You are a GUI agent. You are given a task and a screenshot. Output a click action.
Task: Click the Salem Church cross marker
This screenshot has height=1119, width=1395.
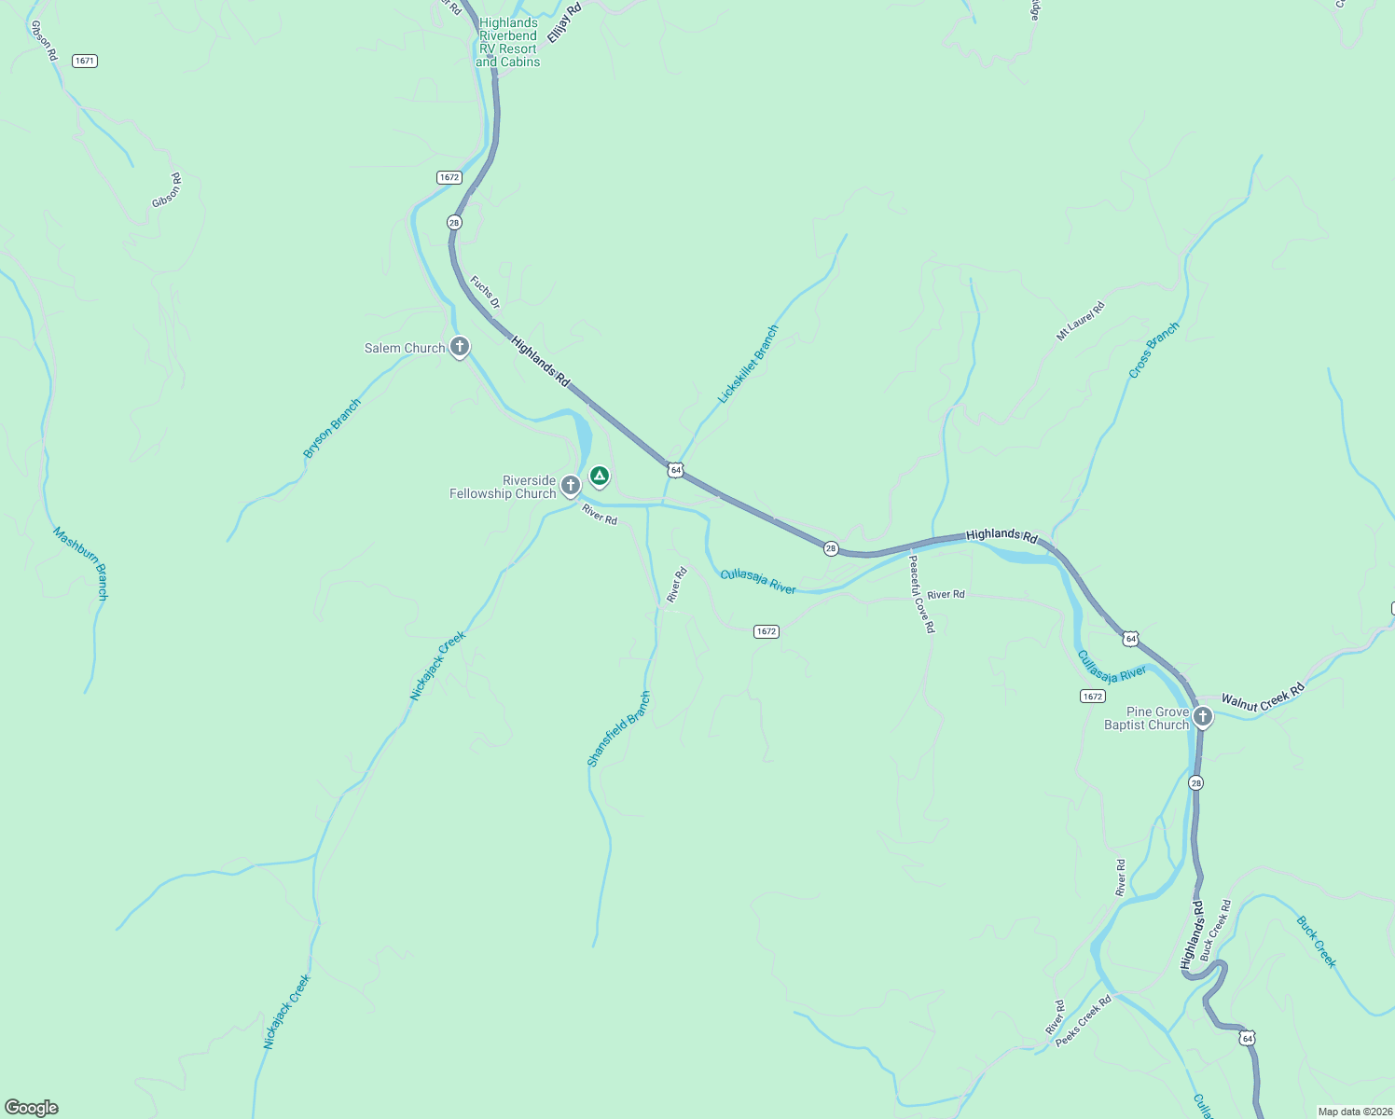tap(459, 347)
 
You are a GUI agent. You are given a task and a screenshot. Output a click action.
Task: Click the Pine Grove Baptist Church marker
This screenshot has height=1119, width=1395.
tap(1203, 716)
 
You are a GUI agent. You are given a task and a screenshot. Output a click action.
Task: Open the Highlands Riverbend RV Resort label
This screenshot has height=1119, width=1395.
tap(508, 43)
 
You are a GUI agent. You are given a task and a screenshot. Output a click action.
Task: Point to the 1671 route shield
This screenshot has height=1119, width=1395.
tap(85, 61)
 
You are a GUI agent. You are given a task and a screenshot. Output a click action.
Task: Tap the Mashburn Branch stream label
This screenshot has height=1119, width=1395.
tap(80, 563)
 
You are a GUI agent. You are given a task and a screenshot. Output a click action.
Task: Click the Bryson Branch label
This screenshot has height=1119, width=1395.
tap(332, 429)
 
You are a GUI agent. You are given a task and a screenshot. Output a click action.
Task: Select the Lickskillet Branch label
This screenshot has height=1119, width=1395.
tap(748, 365)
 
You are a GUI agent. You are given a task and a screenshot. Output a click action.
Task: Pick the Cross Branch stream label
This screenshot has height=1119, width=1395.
tap(1153, 351)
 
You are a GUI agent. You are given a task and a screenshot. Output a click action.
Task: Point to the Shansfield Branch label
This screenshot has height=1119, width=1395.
tap(618, 729)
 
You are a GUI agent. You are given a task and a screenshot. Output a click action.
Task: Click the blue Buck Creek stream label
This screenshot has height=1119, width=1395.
tap(1316, 942)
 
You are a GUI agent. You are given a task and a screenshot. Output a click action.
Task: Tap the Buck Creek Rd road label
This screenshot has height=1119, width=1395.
tap(1216, 930)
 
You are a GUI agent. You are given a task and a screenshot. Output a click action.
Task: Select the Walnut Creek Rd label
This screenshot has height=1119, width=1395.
tap(1263, 698)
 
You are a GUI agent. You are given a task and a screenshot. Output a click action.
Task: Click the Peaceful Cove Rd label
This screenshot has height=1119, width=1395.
tap(920, 594)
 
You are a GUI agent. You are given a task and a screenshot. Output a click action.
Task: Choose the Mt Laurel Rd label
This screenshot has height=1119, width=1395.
tap(1080, 321)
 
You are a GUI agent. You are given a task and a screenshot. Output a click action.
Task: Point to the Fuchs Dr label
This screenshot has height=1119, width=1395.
tap(485, 292)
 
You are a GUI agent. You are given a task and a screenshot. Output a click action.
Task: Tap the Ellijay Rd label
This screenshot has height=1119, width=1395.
tap(564, 21)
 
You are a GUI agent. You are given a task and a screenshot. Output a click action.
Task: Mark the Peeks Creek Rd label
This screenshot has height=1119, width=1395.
tap(1084, 1021)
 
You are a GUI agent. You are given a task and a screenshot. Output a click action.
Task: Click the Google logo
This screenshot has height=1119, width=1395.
tap(32, 1108)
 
